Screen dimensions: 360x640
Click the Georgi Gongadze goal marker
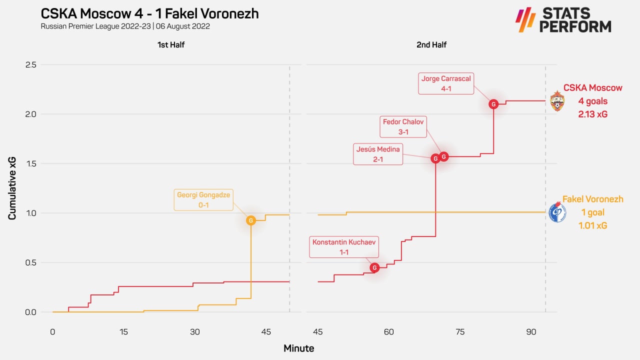click(x=251, y=220)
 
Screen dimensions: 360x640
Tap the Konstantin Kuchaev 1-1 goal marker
click(x=374, y=268)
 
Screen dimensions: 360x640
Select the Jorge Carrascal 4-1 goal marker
click(x=493, y=104)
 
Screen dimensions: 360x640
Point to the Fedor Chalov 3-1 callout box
click(x=403, y=127)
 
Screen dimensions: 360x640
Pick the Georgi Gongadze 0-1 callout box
click(x=203, y=200)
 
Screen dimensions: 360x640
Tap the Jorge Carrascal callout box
click(x=446, y=83)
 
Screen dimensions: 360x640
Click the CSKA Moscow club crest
click(x=557, y=101)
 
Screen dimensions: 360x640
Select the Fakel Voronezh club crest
click(x=557, y=212)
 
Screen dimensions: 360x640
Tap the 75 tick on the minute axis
click(x=460, y=331)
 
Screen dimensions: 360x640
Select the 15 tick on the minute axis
click(x=123, y=331)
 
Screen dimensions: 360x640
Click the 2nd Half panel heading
click(x=431, y=45)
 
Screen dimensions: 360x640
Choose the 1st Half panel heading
click(x=171, y=45)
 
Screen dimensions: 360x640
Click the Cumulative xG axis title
click(x=12, y=188)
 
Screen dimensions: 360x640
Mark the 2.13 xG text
click(x=592, y=114)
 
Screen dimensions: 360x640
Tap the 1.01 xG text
click(x=592, y=225)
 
